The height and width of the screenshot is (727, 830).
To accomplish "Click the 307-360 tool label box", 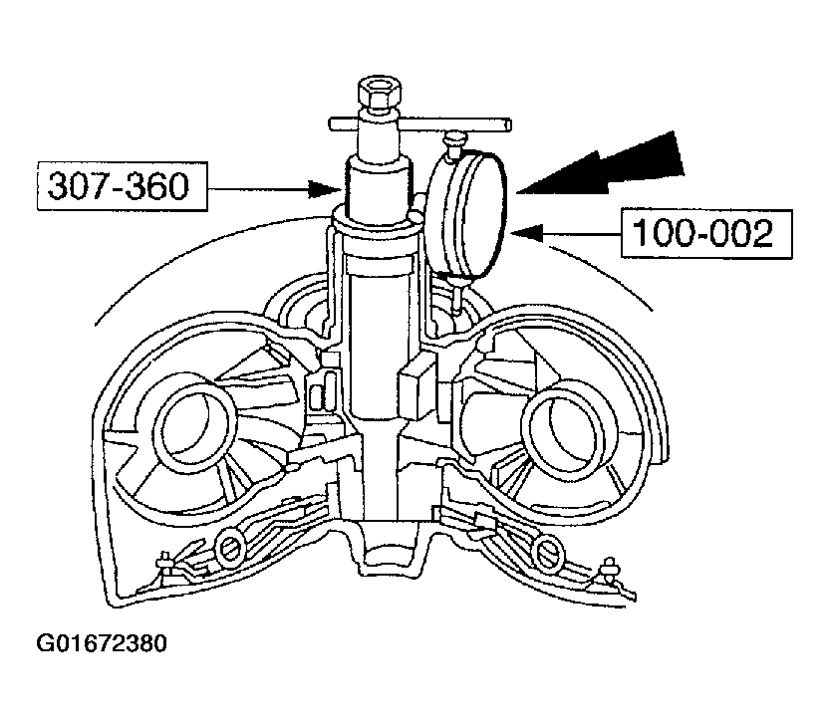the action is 123,186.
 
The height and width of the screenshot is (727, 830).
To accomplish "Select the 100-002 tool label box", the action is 706,234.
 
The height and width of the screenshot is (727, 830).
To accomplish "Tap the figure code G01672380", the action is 102,643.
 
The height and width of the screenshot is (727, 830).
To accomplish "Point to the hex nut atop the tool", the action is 379,95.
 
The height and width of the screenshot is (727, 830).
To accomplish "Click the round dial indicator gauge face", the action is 469,214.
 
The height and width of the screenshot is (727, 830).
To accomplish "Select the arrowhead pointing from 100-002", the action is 528,233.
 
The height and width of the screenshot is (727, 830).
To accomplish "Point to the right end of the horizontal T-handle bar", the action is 508,124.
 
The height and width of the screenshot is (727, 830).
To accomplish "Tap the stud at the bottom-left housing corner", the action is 164,564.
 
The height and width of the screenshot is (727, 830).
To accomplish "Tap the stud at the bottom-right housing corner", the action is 610,570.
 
